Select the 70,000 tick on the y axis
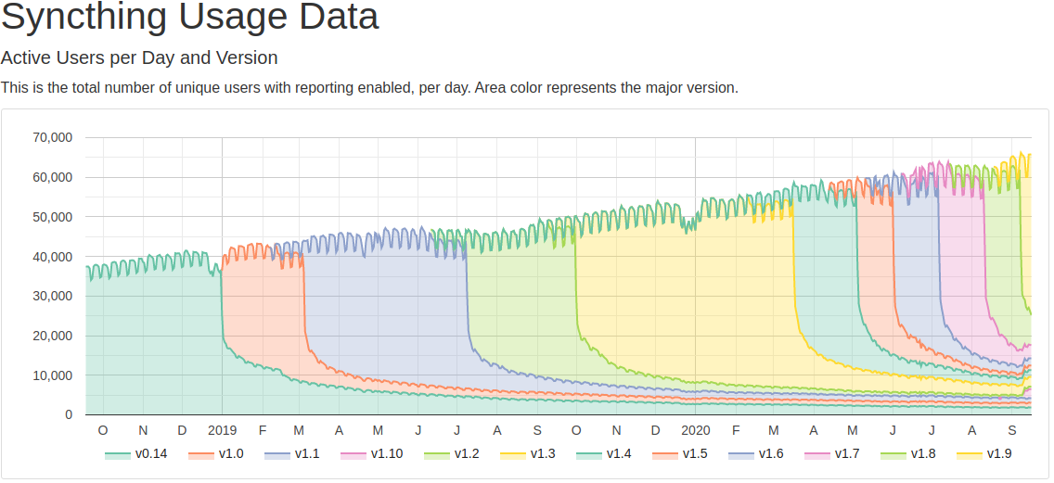pyautogui.click(x=52, y=138)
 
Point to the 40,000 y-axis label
pyautogui.click(x=52, y=257)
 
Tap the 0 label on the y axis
pyautogui.click(x=69, y=415)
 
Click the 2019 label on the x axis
pyautogui.click(x=223, y=431)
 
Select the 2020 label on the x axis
pyautogui.click(x=696, y=431)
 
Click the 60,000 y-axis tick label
pyautogui.click(x=52, y=177)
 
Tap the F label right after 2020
pyautogui.click(x=736, y=431)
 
